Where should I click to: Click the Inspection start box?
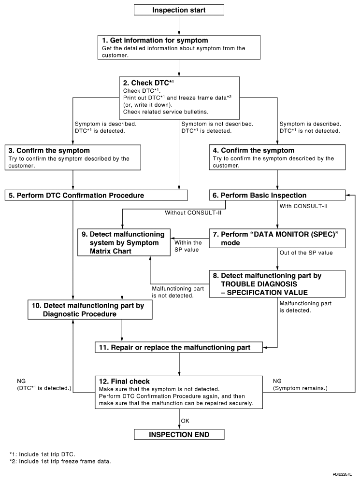click(x=179, y=10)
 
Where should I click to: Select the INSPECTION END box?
click(x=179, y=435)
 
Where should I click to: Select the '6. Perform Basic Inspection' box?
click(x=277, y=196)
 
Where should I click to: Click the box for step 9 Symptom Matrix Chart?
click(x=122, y=242)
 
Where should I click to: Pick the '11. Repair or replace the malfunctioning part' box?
click(x=179, y=347)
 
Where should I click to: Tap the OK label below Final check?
click(x=185, y=421)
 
